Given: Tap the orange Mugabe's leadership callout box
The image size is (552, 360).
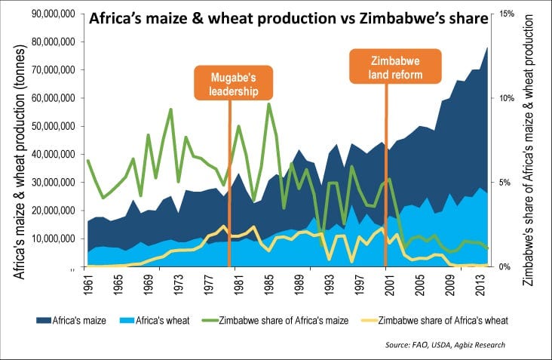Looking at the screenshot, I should pos(229,83).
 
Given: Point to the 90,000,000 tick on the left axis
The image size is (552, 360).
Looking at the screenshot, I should pos(50,14).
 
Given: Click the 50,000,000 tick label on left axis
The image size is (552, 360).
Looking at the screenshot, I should pos(50,126).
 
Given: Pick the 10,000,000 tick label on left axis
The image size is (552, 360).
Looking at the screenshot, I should pos(50,238).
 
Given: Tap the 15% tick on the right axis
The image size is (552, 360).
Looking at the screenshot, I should pos(506,14).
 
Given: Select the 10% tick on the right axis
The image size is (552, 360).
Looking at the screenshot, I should pos(506,98).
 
